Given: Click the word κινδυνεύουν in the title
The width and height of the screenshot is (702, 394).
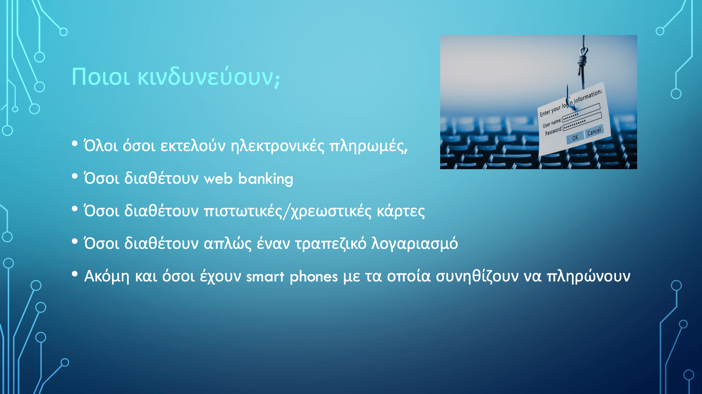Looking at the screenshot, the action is point(209,77).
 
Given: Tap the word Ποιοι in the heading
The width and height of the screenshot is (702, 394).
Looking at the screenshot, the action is point(101,77).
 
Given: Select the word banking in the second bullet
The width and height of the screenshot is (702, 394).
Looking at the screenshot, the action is point(266,179).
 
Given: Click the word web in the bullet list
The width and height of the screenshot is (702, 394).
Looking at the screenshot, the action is point(218,179).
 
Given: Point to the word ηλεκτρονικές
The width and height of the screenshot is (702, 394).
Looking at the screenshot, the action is point(278,146).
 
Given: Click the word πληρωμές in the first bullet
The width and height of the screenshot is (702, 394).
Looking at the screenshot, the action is point(368,146).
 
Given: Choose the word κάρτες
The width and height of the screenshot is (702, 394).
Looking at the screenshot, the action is point(401,212).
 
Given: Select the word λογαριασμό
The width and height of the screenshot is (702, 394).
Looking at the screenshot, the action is point(415,244).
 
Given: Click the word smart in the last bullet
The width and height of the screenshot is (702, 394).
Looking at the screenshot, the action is point(265,277).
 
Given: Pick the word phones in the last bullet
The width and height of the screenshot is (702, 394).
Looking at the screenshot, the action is point(314,277).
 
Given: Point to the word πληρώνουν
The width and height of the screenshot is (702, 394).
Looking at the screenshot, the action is point(588,277).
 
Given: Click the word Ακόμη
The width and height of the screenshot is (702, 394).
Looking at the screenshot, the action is point(107,277).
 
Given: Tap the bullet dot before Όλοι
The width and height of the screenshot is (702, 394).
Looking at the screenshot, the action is point(75,144).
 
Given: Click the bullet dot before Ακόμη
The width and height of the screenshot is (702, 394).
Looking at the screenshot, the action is point(75,274).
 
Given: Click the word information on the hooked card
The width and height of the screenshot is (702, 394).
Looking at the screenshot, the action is point(588,96).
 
